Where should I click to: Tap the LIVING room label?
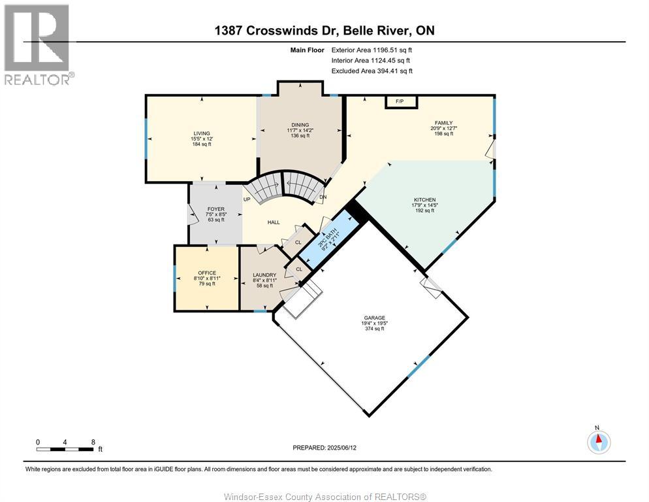tap(202, 133)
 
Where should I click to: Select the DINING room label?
tap(300, 125)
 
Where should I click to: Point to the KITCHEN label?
tap(424, 200)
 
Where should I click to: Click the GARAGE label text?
tap(375, 318)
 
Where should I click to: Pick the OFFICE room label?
tap(207, 273)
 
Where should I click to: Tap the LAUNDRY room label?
tap(264, 275)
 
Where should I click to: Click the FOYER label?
tap(216, 209)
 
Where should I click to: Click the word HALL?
tap(274, 223)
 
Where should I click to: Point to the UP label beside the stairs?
tap(247, 199)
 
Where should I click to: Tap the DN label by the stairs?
tap(323, 197)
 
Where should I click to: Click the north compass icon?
tap(599, 442)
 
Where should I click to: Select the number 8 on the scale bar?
tap(93, 443)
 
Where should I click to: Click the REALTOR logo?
tap(38, 44)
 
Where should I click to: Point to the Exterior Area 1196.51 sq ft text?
tap(372, 50)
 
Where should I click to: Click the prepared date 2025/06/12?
tap(342, 448)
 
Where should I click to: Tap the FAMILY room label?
tap(444, 123)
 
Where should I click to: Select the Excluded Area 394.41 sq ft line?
tap(372, 71)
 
